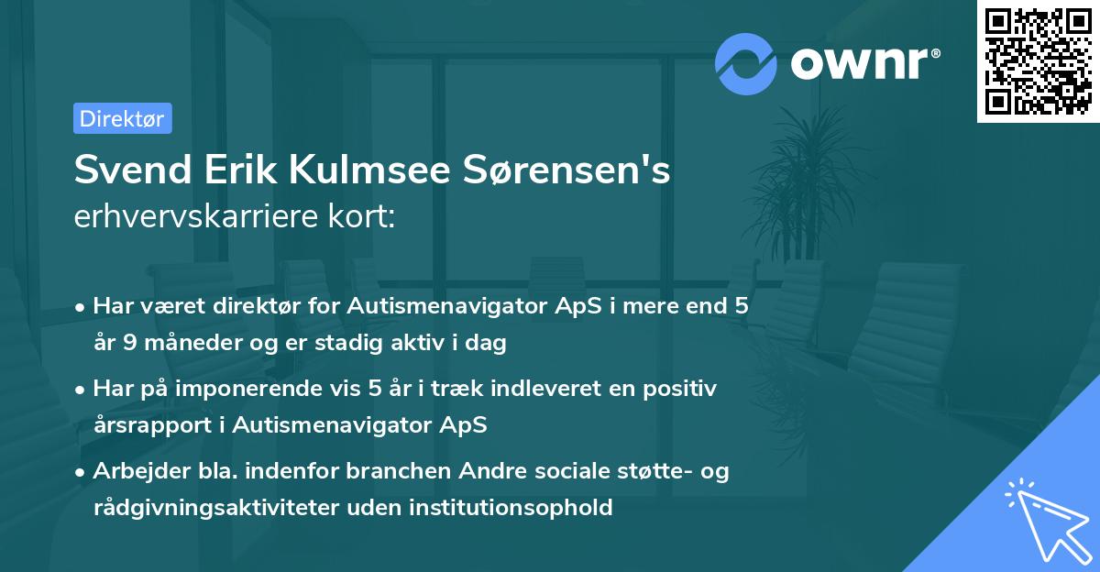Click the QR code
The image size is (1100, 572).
pos(1038,61)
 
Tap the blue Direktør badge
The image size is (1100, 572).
pos(122,118)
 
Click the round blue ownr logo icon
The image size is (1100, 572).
pos(747,63)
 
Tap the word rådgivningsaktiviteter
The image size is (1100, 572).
pos(226,507)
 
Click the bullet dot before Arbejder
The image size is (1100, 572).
pos(82,472)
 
